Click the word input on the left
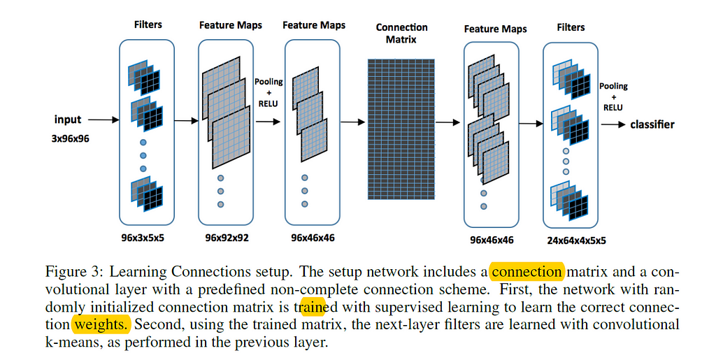(68, 120)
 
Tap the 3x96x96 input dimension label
(71, 138)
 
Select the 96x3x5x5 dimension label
(143, 238)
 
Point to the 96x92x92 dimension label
(227, 238)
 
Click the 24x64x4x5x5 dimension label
(576, 240)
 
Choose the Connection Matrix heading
(401, 34)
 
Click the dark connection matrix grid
(401, 129)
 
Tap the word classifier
(652, 124)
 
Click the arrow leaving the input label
(103, 120)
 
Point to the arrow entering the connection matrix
(352, 122)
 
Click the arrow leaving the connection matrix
(447, 122)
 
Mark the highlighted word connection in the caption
(527, 272)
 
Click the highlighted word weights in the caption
(101, 324)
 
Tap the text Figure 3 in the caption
(76, 273)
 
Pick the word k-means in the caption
(73, 343)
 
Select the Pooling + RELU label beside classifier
(613, 96)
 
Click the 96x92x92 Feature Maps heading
(231, 25)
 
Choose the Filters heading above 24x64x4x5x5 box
(571, 27)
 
